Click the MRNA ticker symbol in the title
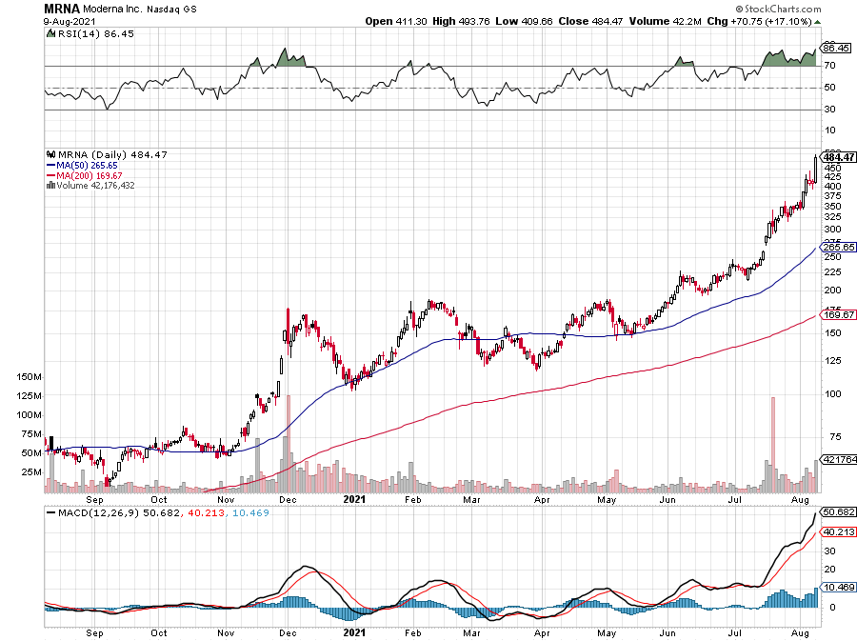click(x=61, y=8)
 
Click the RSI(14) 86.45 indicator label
click(x=80, y=34)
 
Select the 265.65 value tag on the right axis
click(x=837, y=247)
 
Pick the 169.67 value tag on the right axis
click(x=837, y=314)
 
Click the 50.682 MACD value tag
click(x=837, y=511)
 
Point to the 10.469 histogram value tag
click(x=837, y=590)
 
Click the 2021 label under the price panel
click(x=353, y=498)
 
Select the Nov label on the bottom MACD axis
click(x=226, y=631)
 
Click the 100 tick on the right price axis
click(x=831, y=392)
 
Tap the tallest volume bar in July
click(x=773, y=445)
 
